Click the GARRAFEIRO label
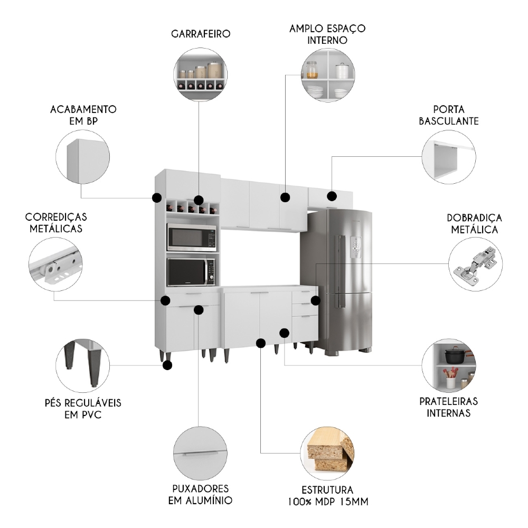(x=201, y=34)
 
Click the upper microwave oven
(x=192, y=238)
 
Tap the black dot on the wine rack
(x=198, y=200)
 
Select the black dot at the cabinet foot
(x=168, y=365)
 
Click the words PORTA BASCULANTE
(x=448, y=115)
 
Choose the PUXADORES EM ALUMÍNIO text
(x=200, y=494)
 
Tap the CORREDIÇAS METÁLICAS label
(x=55, y=223)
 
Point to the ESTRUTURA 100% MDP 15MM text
(x=331, y=496)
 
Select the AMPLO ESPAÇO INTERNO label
(x=327, y=34)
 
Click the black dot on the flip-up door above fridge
(x=332, y=196)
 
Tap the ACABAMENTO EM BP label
(x=83, y=115)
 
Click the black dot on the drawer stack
(x=315, y=300)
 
